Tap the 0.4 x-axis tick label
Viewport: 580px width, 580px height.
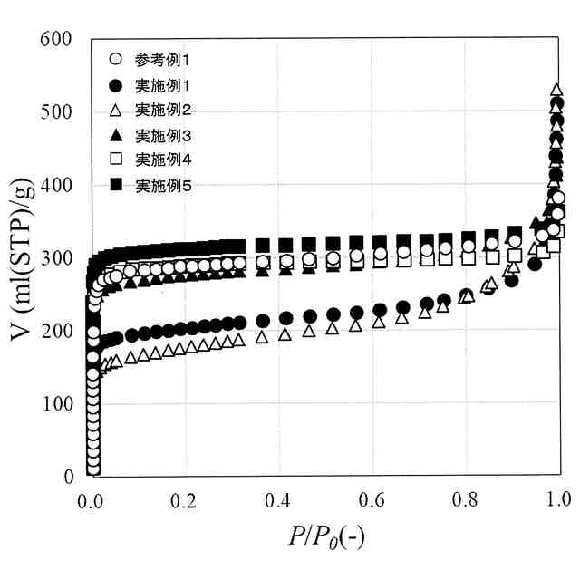(x=278, y=499)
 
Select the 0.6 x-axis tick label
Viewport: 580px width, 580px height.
(x=372, y=499)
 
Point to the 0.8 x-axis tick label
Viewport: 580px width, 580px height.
(x=465, y=499)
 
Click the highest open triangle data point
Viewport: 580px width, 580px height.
(x=557, y=92)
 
